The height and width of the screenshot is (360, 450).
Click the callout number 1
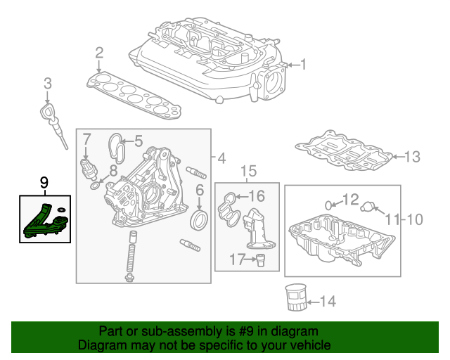coord(303,64)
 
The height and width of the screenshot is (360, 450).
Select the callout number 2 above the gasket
coord(99,53)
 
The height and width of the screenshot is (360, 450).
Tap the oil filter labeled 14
coord(296,297)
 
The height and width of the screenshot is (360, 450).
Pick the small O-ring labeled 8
coord(96,186)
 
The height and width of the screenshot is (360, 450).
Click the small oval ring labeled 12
coord(328,205)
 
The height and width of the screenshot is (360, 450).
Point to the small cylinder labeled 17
coord(260,260)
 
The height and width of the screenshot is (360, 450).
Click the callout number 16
coord(257,196)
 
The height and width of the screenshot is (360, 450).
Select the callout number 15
coord(248,171)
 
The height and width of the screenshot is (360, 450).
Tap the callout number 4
coord(221,158)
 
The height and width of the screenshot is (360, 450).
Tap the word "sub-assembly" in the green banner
coord(181,331)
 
